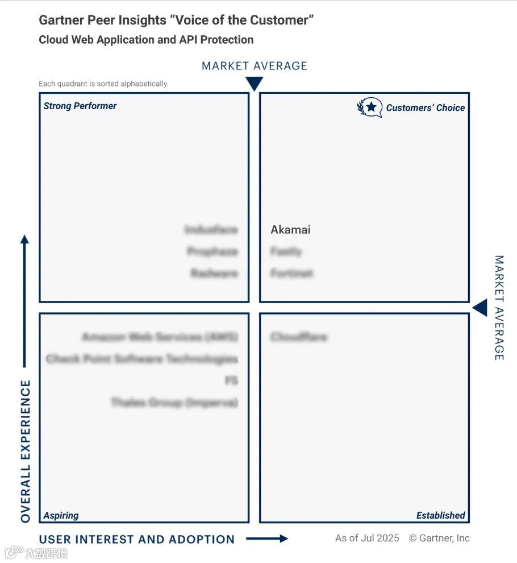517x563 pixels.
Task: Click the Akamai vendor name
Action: [290, 230]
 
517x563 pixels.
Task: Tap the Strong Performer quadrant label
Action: [80, 106]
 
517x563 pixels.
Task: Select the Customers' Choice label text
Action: [426, 107]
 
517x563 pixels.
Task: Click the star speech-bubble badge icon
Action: [370, 107]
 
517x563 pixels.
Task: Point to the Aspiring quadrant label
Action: [61, 515]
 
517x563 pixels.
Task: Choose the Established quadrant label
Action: [440, 515]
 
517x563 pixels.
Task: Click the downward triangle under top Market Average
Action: [254, 84]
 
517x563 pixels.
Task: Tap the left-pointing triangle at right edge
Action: [480, 308]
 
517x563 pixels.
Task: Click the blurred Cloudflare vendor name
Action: [299, 337]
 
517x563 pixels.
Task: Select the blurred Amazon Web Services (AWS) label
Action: [160, 337]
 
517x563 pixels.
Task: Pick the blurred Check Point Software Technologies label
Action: [141, 359]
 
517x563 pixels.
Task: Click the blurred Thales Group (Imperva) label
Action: [174, 403]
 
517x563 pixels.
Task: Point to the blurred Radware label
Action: [214, 274]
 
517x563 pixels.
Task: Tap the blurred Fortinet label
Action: [291, 274]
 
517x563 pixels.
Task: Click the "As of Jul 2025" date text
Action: [367, 538]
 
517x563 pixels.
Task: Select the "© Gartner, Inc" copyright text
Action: [439, 538]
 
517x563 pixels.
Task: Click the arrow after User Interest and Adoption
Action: [267, 539]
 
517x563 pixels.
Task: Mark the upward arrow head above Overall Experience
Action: [24, 239]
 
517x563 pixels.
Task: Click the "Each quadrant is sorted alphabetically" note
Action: [103, 84]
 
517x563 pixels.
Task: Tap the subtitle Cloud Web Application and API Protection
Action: [146, 40]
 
